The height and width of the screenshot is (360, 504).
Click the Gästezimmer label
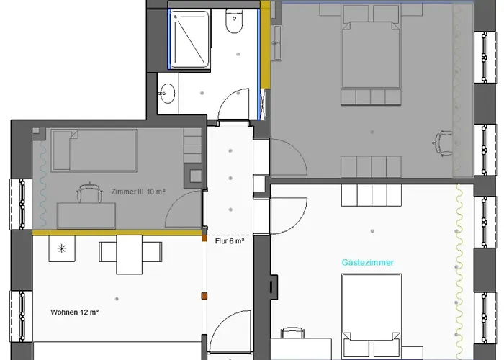point(367,263)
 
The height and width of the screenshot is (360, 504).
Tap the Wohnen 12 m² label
point(75,312)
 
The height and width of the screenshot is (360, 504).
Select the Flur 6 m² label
point(230,241)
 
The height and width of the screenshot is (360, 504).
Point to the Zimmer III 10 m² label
point(138,192)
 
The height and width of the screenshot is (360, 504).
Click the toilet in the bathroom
point(234,21)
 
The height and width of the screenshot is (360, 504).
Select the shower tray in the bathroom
point(189,39)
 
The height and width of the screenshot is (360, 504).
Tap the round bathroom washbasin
point(167,93)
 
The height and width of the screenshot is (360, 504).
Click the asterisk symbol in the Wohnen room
point(62,248)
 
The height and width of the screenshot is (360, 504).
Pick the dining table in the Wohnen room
point(129,255)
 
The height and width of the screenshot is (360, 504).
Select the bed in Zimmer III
point(94,150)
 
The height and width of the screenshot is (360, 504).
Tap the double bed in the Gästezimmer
point(372,315)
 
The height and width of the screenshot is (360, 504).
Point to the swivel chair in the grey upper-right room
point(443,143)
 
